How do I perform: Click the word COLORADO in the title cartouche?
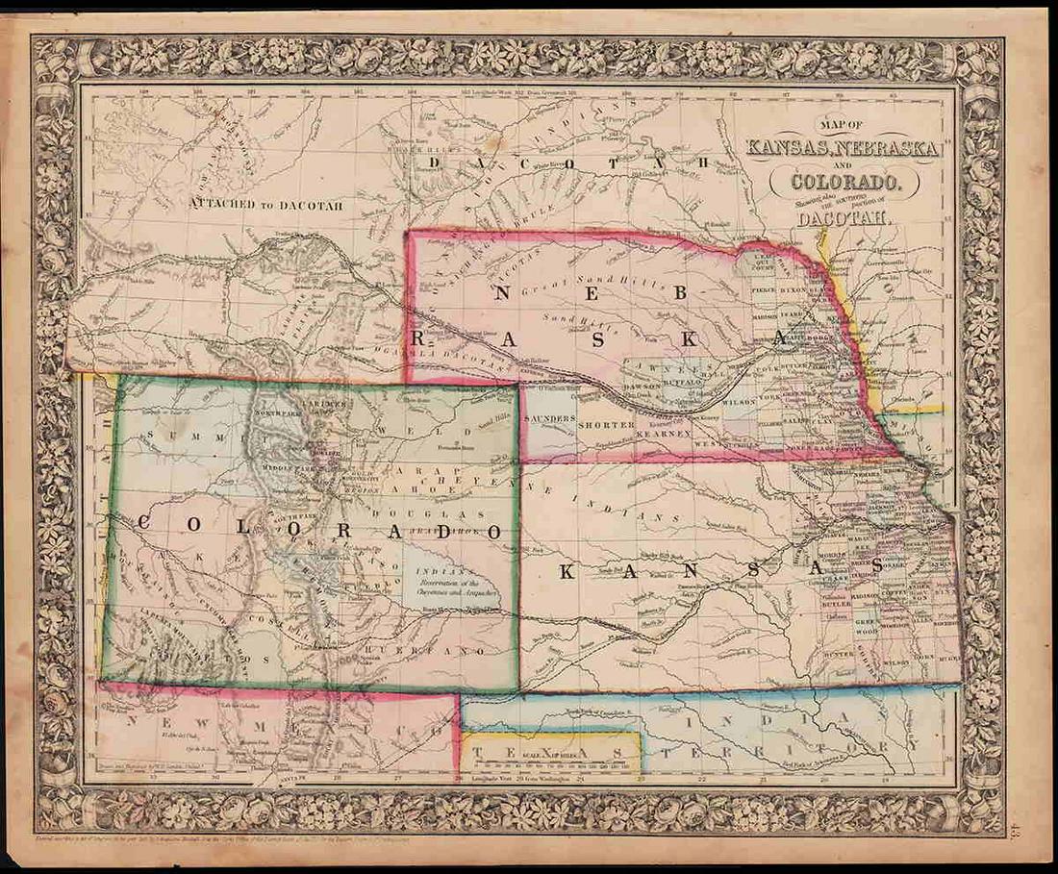(x=844, y=179)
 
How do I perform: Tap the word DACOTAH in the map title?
(x=844, y=218)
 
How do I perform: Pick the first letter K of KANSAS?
(x=568, y=572)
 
